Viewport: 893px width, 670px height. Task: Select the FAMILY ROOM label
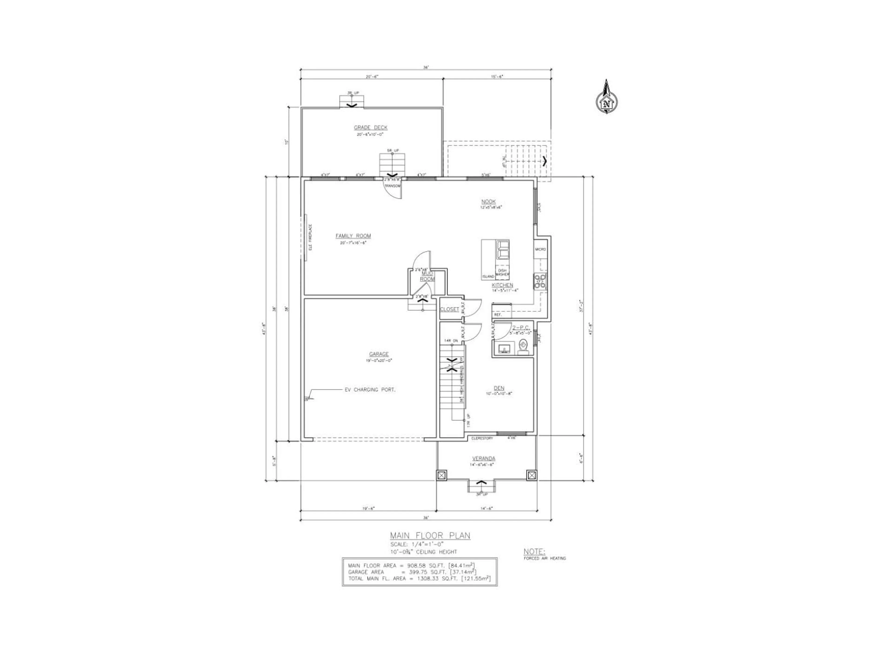pyautogui.click(x=353, y=236)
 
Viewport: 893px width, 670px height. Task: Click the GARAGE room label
pyautogui.click(x=379, y=354)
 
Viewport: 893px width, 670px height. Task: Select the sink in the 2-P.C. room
pyautogui.click(x=504, y=348)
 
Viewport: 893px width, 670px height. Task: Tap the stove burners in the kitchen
pyautogui.click(x=540, y=281)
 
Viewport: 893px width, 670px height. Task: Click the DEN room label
pyautogui.click(x=499, y=388)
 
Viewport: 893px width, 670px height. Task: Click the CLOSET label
pyautogui.click(x=449, y=309)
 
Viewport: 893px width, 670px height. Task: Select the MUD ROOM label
pyautogui.click(x=427, y=276)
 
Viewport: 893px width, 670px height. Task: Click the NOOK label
pyautogui.click(x=488, y=201)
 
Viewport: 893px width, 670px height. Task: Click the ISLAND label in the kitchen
pyautogui.click(x=488, y=277)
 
